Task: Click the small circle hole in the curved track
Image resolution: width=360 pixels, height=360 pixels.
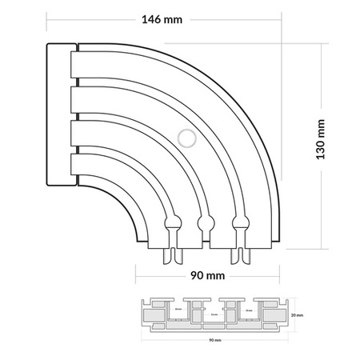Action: coord(186,138)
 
